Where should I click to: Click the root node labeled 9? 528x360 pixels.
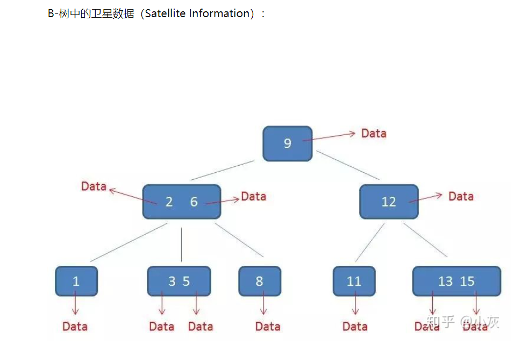(287, 144)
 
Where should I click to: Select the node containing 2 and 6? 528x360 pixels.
(181, 202)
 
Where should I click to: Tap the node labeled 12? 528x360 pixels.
(388, 202)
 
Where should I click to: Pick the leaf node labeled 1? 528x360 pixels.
(76, 281)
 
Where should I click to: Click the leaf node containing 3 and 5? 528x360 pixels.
(179, 281)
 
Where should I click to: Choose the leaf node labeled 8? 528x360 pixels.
(259, 281)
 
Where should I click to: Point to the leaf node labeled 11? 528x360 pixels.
(354, 281)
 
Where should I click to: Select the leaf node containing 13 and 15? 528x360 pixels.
(456, 281)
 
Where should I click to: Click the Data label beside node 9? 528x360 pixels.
(374, 133)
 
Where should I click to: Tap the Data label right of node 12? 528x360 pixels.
(461, 196)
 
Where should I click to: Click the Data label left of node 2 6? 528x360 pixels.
(94, 186)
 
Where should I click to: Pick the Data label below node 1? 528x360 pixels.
(75, 326)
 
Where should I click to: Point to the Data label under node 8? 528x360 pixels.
(268, 326)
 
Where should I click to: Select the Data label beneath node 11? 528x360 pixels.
(355, 326)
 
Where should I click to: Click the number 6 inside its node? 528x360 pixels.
(194, 202)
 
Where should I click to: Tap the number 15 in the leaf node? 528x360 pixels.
(467, 281)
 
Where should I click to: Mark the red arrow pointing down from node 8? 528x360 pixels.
(263, 304)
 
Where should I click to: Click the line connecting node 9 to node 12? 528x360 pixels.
(347, 165)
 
